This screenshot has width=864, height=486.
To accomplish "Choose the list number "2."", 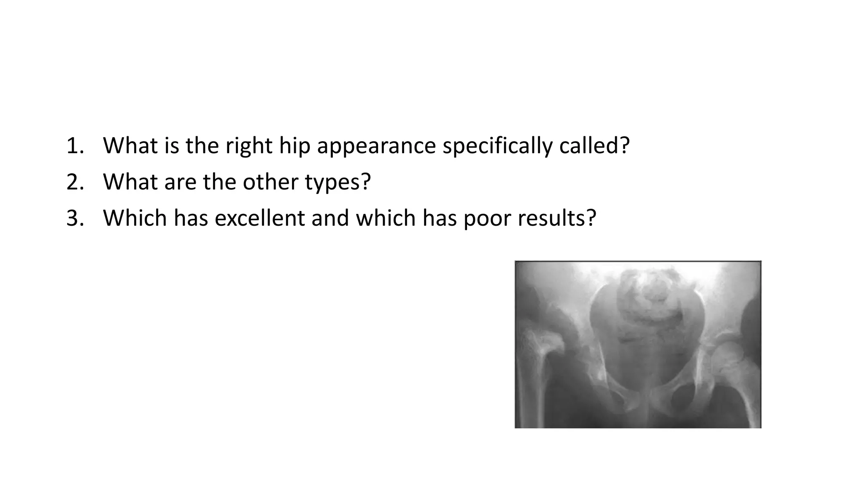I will click(76, 182).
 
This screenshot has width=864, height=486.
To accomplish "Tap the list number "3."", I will click(76, 218).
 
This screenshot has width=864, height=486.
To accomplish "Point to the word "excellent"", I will click(259, 218).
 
